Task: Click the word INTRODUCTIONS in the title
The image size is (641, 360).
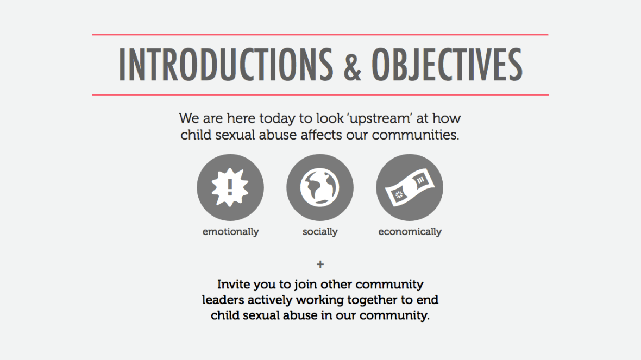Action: [226, 65]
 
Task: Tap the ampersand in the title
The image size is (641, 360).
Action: [353, 68]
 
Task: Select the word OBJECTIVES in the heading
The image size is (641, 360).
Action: [447, 65]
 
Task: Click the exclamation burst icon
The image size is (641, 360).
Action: [230, 187]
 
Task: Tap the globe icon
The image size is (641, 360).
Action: [319, 187]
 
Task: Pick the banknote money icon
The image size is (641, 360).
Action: [410, 187]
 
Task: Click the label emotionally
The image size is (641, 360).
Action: [230, 232]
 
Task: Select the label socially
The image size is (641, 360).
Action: [320, 232]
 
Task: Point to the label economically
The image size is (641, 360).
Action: [410, 232]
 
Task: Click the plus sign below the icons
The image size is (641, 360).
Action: [320, 264]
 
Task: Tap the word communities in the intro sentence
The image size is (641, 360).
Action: [416, 135]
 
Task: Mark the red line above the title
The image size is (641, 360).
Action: [320, 35]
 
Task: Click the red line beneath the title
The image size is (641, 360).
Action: [320, 95]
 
